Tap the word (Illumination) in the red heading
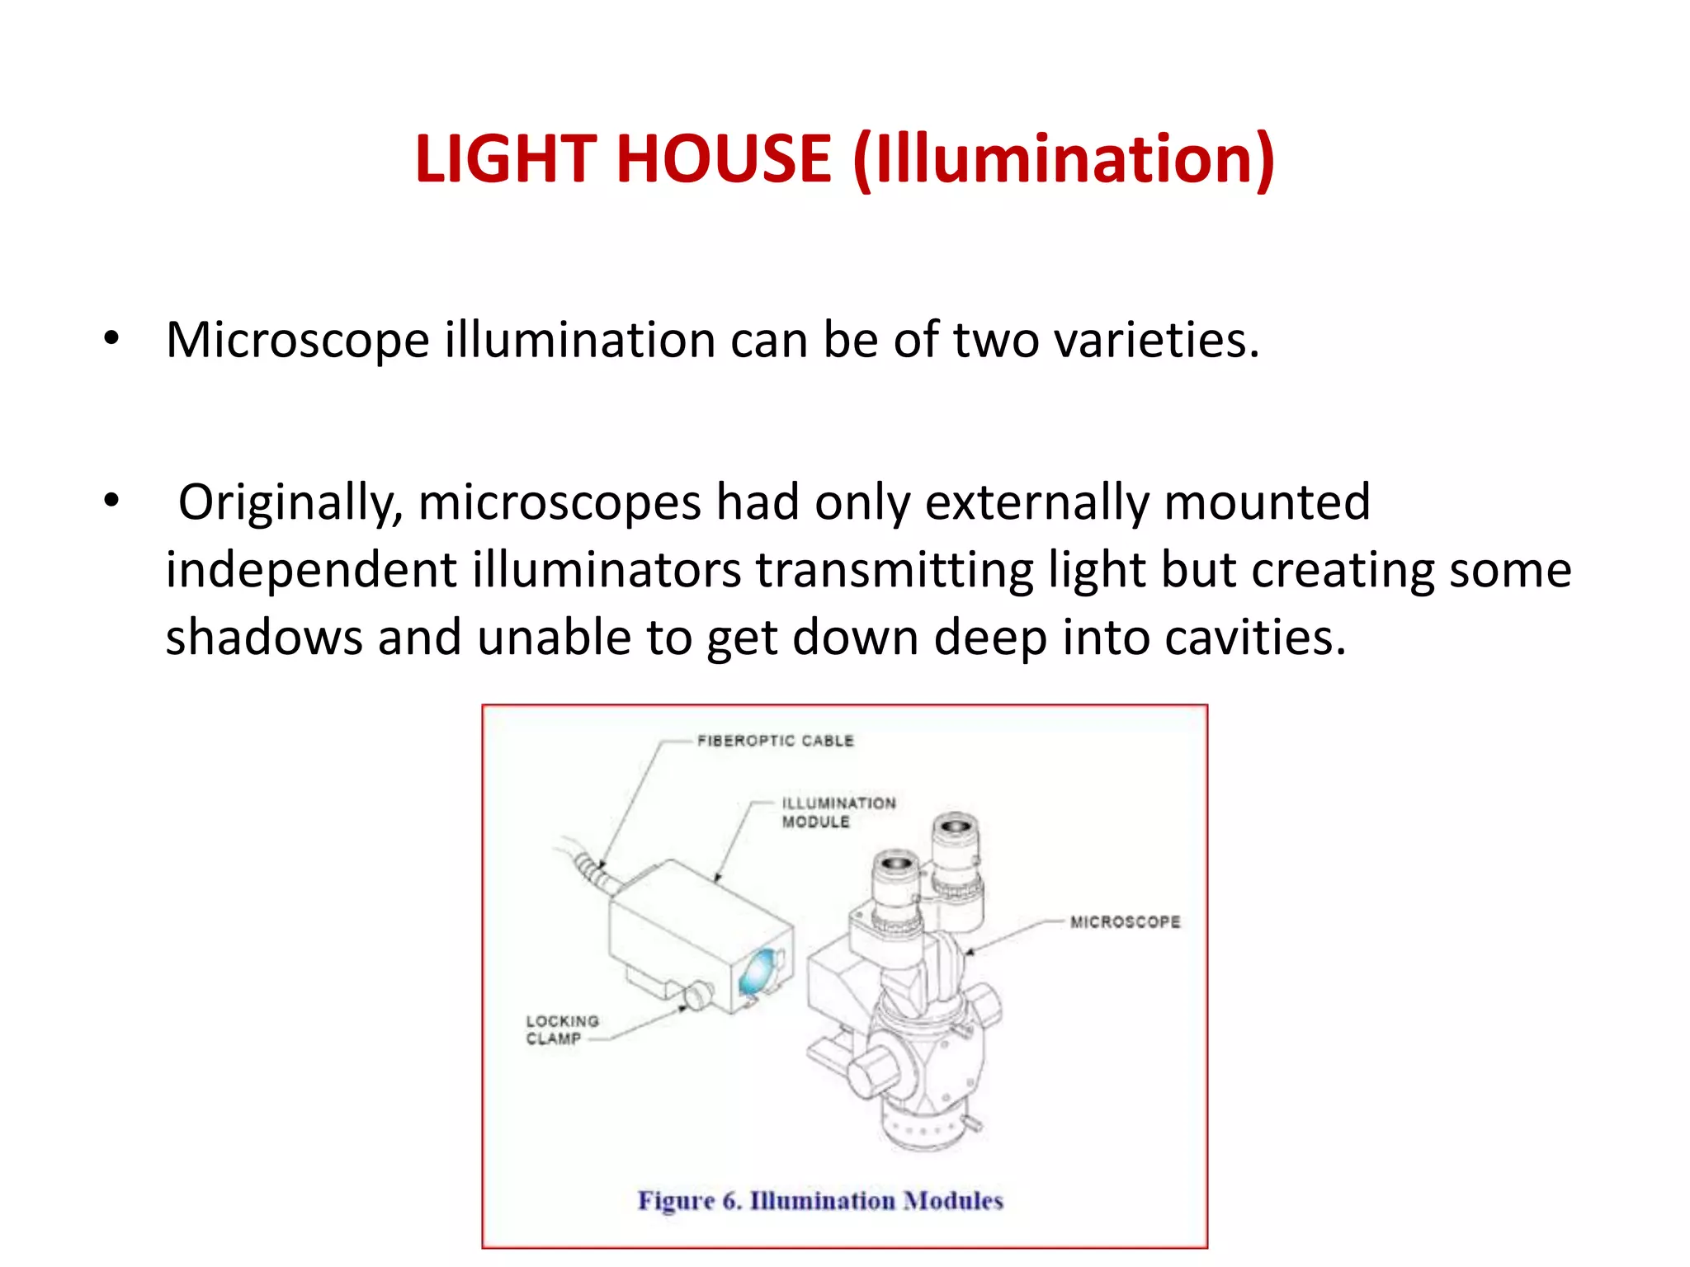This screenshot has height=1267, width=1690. tap(1065, 160)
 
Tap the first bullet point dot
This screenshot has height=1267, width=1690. tap(111, 337)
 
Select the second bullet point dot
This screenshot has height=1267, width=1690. tap(111, 500)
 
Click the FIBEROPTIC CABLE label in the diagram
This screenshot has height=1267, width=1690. tap(775, 741)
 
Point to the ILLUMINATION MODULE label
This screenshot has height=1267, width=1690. tap(838, 812)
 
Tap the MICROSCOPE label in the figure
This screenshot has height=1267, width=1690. tap(1125, 921)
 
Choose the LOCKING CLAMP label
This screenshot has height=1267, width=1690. tap(562, 1029)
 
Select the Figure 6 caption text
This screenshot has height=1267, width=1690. tap(820, 1200)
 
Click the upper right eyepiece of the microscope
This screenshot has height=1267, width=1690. tap(956, 833)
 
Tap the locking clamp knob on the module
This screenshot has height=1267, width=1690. tap(698, 994)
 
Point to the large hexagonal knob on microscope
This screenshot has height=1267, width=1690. tap(873, 1071)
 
